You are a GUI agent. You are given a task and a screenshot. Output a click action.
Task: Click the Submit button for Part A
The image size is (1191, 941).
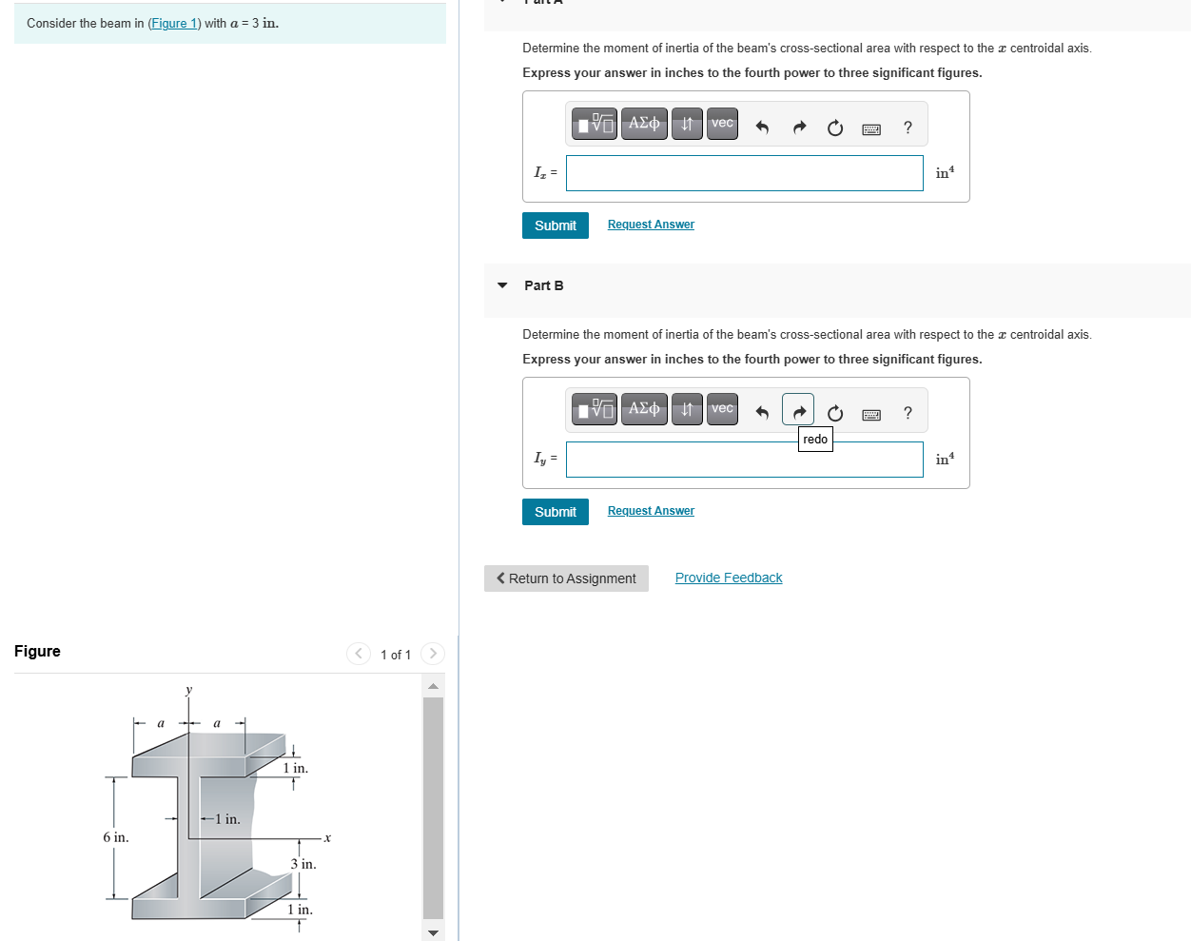pos(555,225)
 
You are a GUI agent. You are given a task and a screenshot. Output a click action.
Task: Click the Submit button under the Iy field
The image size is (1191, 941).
pos(555,512)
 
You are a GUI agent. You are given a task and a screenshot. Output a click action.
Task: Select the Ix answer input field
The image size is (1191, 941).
pos(744,173)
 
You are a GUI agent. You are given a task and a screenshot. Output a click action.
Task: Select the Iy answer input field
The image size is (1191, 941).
pos(744,460)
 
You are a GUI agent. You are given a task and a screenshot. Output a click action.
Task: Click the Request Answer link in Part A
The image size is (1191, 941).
pos(651,225)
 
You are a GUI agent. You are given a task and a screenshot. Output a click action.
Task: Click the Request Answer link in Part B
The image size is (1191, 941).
pos(651,511)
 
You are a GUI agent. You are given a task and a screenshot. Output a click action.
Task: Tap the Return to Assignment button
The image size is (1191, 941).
pos(566,578)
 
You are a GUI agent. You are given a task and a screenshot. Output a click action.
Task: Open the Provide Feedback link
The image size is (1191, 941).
pos(729,578)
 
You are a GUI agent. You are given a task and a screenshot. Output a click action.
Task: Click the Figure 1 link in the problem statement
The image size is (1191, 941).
pos(174,24)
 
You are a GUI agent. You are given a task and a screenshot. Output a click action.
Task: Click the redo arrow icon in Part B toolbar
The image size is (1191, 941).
pos(798,411)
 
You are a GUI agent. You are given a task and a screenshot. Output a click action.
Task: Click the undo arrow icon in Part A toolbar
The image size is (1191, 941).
pos(762,127)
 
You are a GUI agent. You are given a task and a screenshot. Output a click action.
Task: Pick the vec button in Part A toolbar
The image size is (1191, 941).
pos(722,124)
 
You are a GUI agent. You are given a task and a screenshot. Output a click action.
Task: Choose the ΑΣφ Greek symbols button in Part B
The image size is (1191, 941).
pos(644,409)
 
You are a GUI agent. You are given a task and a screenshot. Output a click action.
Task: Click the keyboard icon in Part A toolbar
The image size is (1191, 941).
pos(870,128)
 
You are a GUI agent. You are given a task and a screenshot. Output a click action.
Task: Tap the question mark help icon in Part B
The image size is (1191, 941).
pos(908,413)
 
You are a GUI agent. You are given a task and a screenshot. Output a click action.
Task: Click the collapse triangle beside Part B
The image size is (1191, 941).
pos(502,285)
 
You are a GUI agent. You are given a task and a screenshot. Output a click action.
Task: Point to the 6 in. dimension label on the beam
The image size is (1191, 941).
pos(116,837)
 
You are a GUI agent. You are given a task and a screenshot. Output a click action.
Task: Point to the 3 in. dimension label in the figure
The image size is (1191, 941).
pos(303,864)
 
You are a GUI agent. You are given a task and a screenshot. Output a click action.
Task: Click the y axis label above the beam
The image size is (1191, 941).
pos(188,690)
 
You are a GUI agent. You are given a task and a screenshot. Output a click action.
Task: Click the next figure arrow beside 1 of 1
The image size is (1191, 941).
pos(433,654)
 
